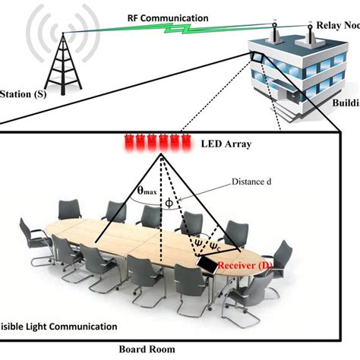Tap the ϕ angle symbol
coord(169,203)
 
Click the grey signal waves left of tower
coord(34,38)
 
